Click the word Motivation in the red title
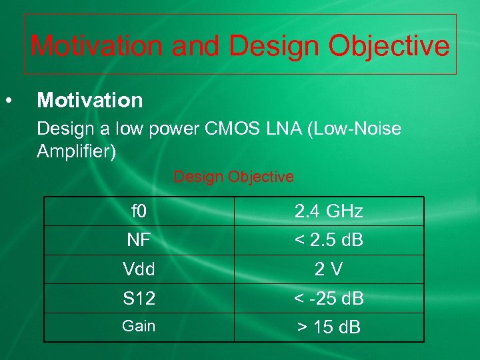click(96, 46)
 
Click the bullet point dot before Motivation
click(8, 101)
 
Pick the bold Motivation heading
click(90, 101)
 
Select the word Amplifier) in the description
click(77, 151)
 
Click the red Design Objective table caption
click(233, 177)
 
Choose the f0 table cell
click(139, 211)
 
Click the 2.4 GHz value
click(329, 211)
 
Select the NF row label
click(139, 240)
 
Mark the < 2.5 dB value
click(329, 240)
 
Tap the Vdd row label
click(139, 269)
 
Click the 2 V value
click(329, 269)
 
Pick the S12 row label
click(139, 299)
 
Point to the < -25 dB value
click(329, 299)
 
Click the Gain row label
click(139, 326)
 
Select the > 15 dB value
click(329, 327)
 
